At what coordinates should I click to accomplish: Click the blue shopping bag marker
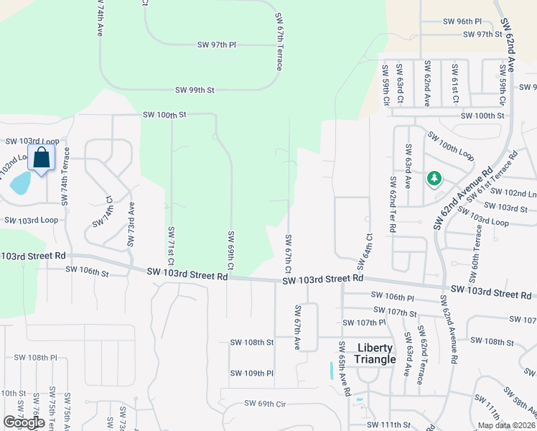tap(42, 157)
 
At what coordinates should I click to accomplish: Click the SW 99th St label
tap(195, 90)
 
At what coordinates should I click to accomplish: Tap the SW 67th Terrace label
tap(279, 41)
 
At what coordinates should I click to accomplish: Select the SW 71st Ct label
tap(172, 246)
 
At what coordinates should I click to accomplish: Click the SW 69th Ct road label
tap(230, 251)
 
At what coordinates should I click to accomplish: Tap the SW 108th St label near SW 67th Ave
tap(252, 343)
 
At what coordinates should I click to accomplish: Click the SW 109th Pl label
tap(252, 374)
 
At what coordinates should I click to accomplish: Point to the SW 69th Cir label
tap(265, 404)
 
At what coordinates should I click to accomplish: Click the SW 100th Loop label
tap(451, 145)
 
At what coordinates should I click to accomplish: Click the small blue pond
tap(20, 184)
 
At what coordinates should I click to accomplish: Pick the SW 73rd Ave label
tap(131, 224)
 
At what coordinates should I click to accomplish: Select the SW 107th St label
tap(401, 312)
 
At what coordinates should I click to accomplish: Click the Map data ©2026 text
tap(505, 425)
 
